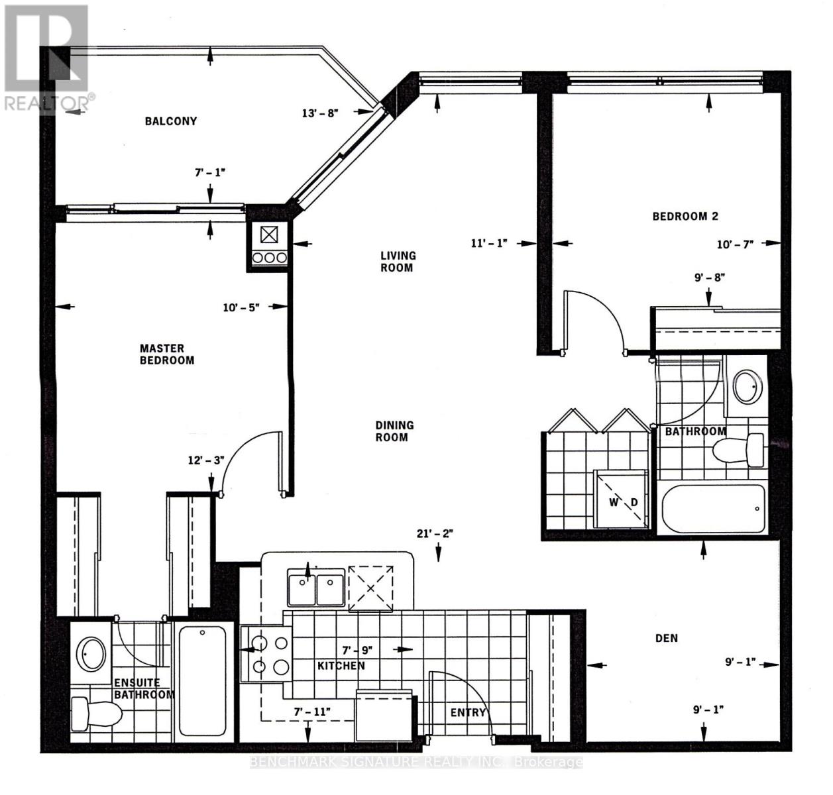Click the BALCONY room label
(171, 121)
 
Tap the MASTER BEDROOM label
(167, 354)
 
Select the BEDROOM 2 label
(685, 217)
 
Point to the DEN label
(667, 639)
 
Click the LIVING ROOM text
(398, 262)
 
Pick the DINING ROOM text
(395, 431)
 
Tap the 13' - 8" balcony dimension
(321, 114)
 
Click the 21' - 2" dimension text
(435, 533)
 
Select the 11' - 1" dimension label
(489, 243)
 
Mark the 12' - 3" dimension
(207, 460)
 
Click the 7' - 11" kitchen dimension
(312, 712)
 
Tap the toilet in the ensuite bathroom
(96, 714)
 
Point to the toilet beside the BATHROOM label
(738, 450)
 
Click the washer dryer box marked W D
(620, 499)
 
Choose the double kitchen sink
(316, 586)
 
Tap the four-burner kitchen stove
(266, 655)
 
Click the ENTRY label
(468, 712)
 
